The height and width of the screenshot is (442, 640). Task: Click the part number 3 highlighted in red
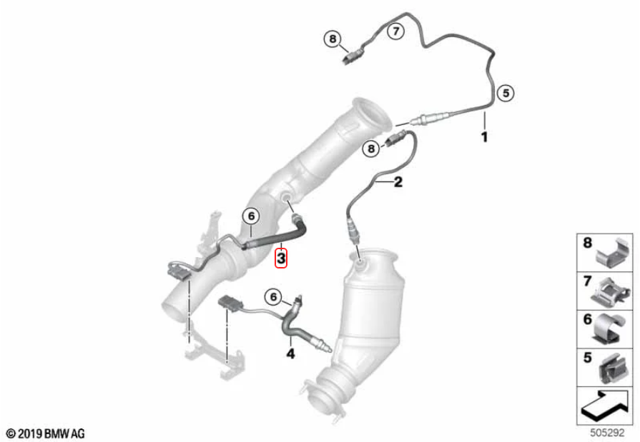(x=281, y=258)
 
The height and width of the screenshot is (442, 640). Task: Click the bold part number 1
(x=485, y=136)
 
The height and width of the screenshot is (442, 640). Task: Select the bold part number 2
(x=398, y=182)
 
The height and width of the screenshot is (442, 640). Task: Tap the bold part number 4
(x=290, y=353)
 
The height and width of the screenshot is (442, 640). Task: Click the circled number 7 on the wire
(x=395, y=31)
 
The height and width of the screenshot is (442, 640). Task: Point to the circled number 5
(x=506, y=93)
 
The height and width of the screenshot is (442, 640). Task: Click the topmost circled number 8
(x=333, y=39)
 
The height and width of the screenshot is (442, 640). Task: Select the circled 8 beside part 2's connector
(x=371, y=148)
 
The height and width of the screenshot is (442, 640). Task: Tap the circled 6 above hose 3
(x=252, y=216)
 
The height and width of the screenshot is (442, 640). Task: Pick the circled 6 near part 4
(x=273, y=296)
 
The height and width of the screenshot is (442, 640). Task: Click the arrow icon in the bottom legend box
(x=605, y=406)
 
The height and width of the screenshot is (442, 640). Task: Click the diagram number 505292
(x=607, y=432)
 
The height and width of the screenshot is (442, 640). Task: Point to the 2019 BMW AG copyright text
(x=46, y=433)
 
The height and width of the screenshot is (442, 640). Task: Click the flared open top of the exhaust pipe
(x=373, y=114)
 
